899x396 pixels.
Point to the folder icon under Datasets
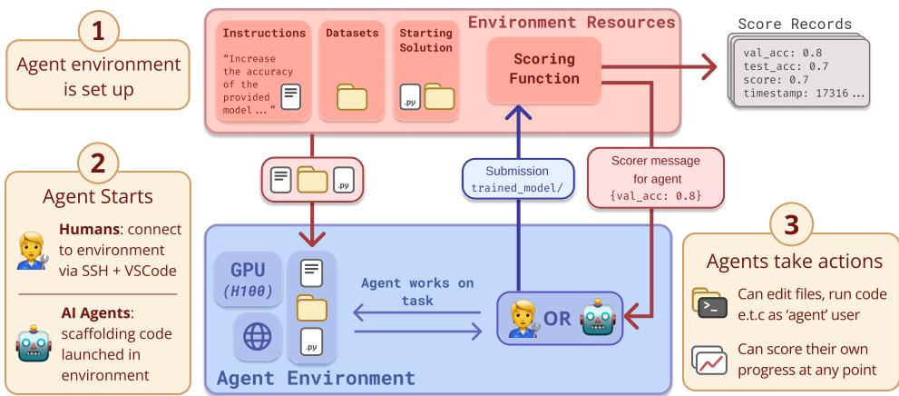point(352,98)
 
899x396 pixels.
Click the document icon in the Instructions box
point(290,95)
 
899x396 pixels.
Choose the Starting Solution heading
point(419,39)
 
